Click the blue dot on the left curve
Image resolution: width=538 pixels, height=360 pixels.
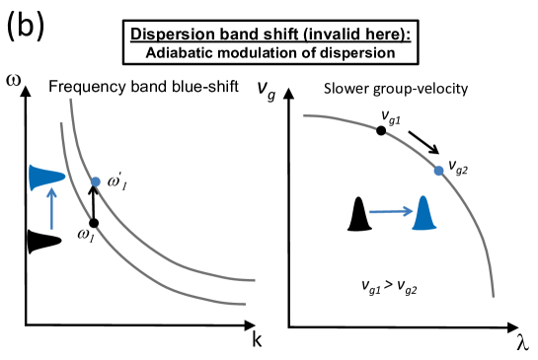(x=95, y=181)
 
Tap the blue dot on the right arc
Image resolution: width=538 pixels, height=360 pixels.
(x=438, y=171)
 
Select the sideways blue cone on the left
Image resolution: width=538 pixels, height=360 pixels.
(x=44, y=178)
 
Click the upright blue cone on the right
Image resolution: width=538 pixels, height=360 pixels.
(x=424, y=215)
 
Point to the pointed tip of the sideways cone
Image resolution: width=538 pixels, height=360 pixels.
(x=64, y=178)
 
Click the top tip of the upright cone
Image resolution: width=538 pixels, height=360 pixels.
(x=423, y=197)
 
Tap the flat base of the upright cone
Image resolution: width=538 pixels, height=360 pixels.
(x=424, y=228)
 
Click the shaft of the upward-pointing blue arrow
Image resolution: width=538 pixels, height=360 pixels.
(x=51, y=212)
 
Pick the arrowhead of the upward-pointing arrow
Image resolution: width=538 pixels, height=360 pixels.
(x=51, y=191)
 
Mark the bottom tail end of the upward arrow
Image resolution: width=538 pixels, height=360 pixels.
(x=51, y=229)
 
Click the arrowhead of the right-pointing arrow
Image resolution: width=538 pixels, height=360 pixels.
(x=409, y=210)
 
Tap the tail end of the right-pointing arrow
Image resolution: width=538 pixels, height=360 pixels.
(x=370, y=212)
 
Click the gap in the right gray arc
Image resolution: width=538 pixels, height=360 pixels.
(x=381, y=129)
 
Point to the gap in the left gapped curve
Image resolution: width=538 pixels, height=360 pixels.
(x=94, y=223)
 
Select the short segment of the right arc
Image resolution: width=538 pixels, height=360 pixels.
(x=340, y=119)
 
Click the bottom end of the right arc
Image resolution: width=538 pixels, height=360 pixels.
(x=493, y=296)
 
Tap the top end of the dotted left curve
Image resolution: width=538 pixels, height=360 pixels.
(x=70, y=99)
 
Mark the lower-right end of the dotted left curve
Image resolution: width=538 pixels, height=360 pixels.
(x=255, y=280)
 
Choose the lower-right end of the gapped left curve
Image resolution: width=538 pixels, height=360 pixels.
(x=244, y=304)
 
